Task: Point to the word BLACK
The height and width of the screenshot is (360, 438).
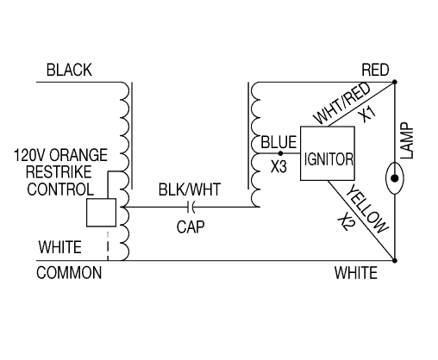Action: tap(69, 70)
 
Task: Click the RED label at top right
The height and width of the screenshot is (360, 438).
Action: tap(376, 70)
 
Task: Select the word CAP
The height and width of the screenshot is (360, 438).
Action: tap(189, 227)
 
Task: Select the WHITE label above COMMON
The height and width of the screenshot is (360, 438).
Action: tap(61, 247)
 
